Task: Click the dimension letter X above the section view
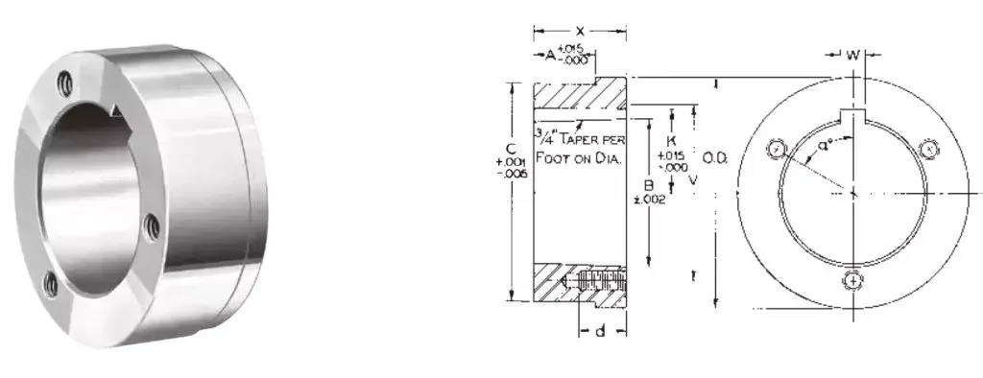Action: click(x=579, y=33)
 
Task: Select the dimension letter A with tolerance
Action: click(x=550, y=57)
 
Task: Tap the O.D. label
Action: click(x=715, y=156)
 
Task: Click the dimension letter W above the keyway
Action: click(x=852, y=55)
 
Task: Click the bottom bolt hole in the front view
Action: click(x=852, y=280)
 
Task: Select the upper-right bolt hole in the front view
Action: click(x=928, y=148)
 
